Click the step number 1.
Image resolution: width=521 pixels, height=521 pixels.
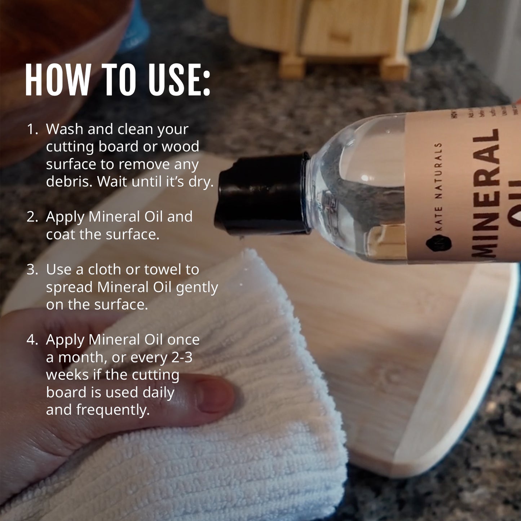click(32, 129)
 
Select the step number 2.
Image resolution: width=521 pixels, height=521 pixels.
click(32, 217)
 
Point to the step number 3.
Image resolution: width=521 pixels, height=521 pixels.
click(32, 269)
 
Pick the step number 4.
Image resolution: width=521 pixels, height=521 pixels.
click(32, 340)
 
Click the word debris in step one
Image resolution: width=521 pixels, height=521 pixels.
click(69, 181)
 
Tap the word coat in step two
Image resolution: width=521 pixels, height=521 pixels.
click(61, 234)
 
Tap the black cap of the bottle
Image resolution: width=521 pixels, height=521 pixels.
click(261, 195)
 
